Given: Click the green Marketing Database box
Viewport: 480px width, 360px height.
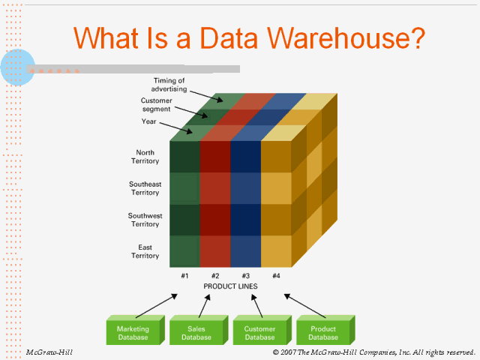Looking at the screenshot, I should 133,333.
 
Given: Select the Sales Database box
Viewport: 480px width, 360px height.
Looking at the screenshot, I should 196,333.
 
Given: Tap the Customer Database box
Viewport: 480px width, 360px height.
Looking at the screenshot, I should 259,333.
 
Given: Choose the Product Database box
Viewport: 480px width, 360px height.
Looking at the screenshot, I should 322,333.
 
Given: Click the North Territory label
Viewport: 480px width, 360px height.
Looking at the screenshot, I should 145,157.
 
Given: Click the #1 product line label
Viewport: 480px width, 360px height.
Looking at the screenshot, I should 184,275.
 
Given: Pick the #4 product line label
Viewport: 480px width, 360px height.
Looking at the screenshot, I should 276,275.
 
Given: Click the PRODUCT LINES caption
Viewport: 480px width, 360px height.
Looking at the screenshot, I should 230,286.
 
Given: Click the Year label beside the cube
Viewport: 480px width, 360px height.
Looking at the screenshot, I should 148,121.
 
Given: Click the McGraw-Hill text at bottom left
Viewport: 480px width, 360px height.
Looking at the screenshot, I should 49,352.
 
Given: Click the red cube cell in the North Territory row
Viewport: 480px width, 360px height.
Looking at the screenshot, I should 215,157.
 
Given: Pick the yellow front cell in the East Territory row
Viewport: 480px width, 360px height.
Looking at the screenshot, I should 275,251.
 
